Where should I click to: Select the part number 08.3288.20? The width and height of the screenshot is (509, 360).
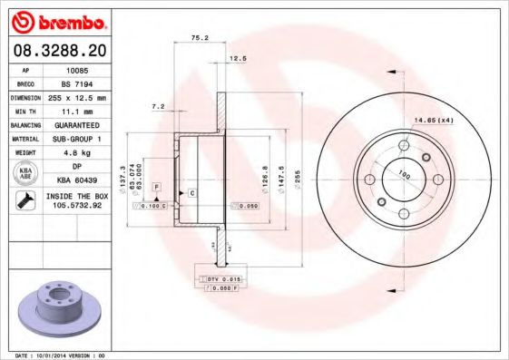(x=58, y=51)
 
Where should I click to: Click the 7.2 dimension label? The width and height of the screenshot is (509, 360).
(x=158, y=106)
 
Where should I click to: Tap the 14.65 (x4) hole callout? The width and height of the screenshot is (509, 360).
(x=434, y=120)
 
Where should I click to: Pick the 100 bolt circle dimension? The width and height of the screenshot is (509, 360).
(x=403, y=175)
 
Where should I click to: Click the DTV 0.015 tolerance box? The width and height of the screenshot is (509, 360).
(x=217, y=277)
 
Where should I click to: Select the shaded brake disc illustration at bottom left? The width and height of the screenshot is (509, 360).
(x=58, y=309)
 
